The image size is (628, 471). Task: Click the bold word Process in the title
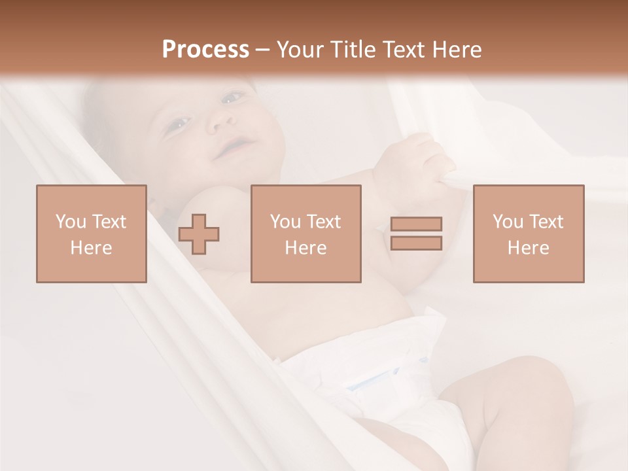(205, 50)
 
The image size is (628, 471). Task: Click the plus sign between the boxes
(199, 234)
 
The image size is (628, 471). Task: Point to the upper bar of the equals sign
(416, 224)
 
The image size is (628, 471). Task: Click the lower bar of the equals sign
(416, 243)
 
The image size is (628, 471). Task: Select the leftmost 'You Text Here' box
(91, 234)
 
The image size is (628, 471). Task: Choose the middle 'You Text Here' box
(305, 234)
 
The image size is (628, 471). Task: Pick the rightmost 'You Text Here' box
(528, 234)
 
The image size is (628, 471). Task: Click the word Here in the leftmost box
(91, 248)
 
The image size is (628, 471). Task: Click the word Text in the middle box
(324, 222)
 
